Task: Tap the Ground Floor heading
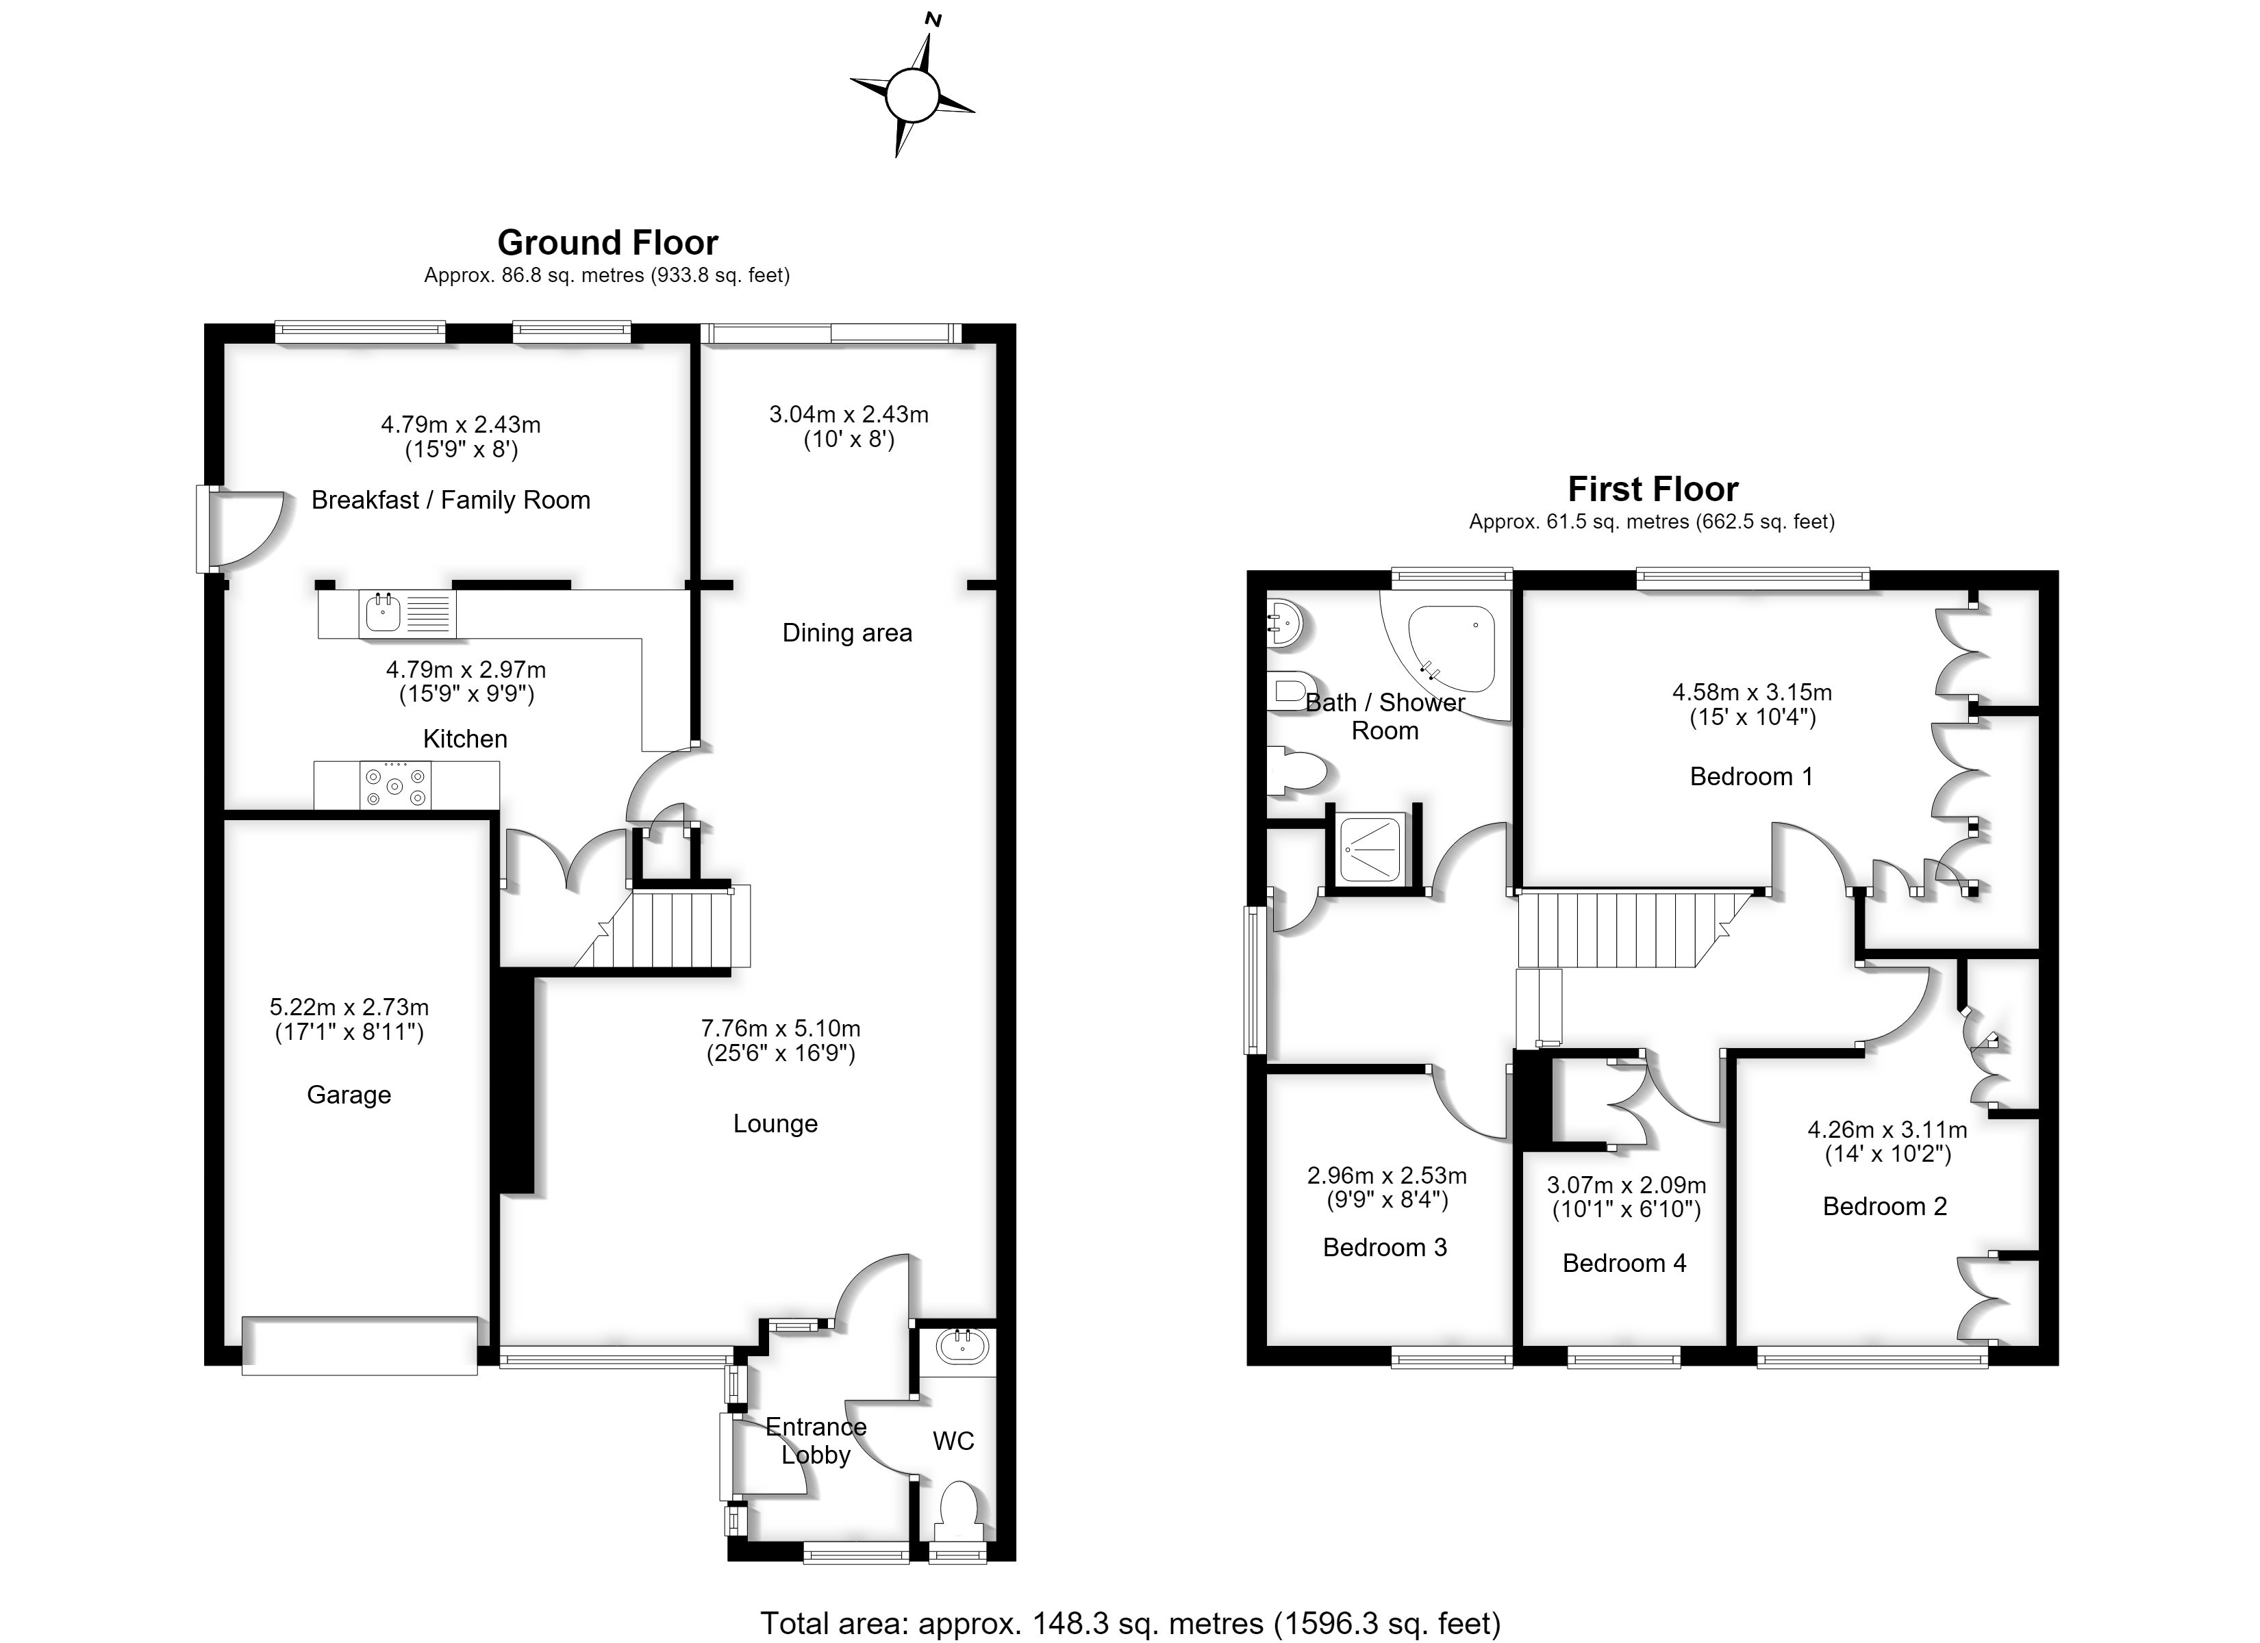pyautogui.click(x=608, y=243)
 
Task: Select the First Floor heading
pyautogui.click(x=1653, y=489)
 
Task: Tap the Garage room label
pyautogui.click(x=349, y=1095)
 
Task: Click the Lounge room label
pyautogui.click(x=775, y=1124)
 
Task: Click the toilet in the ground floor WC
pyautogui.click(x=959, y=1512)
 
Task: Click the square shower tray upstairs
pyautogui.click(x=1370, y=849)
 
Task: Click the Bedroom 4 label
pyautogui.click(x=1624, y=1263)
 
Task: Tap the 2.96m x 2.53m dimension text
pyautogui.click(x=1387, y=1175)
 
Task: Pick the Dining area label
pyautogui.click(x=847, y=633)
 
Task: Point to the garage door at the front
pyautogui.click(x=360, y=1346)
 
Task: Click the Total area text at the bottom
pyautogui.click(x=1130, y=1623)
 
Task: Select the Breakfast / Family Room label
pyautogui.click(x=451, y=500)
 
